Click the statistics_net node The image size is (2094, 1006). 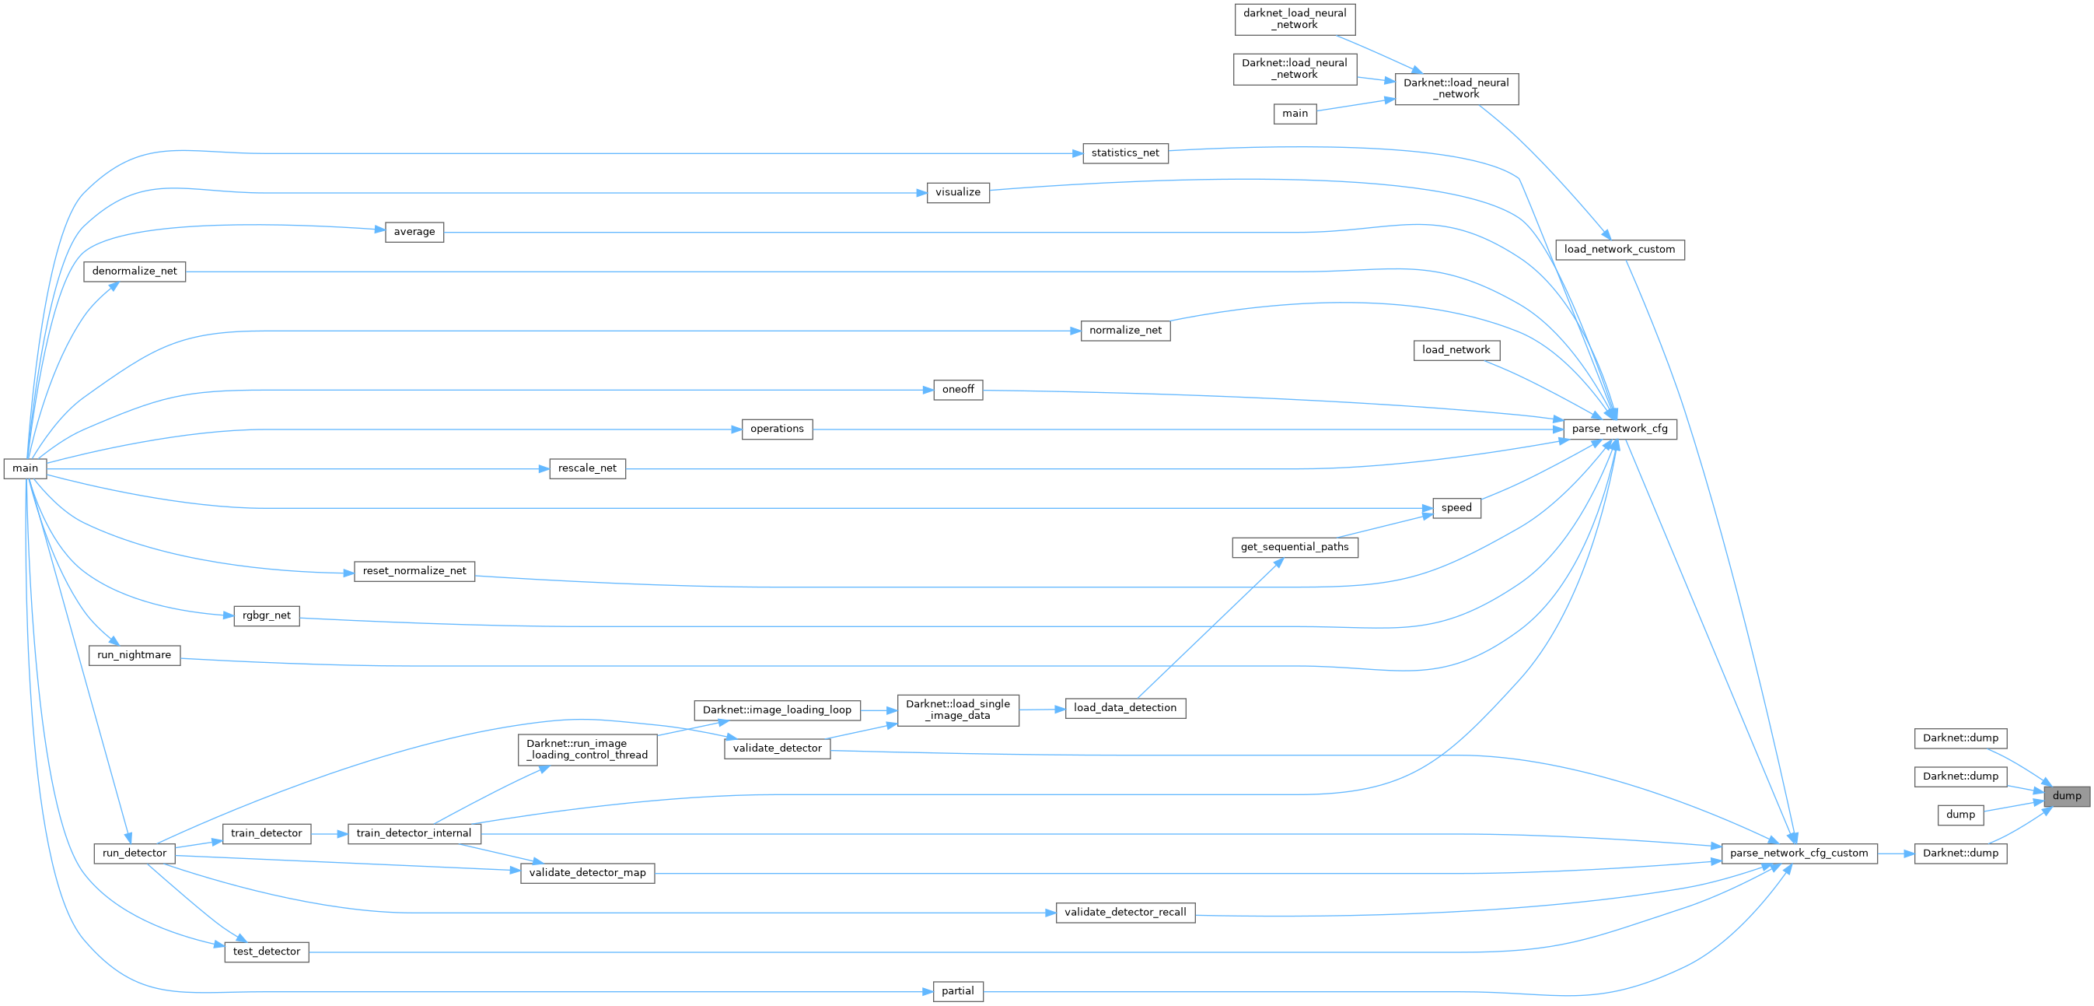click(x=1125, y=153)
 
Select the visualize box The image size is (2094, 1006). click(x=958, y=193)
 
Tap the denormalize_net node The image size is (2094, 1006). click(x=134, y=272)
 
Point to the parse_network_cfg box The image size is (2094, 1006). click(x=1619, y=429)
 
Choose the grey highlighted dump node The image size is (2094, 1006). click(x=2066, y=796)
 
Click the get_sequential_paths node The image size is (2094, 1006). click(x=1294, y=547)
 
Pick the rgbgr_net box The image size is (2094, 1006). click(x=266, y=615)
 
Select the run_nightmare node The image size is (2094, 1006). click(x=134, y=655)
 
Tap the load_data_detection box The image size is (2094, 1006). click(x=1124, y=708)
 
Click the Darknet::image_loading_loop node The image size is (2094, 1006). click(x=776, y=710)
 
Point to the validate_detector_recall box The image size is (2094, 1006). click(x=1125, y=913)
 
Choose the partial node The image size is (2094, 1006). click(x=958, y=991)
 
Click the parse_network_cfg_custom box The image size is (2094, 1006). click(x=1799, y=853)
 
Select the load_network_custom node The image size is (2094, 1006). click(x=1619, y=250)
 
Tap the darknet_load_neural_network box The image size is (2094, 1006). click(x=1294, y=19)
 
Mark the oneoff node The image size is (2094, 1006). click(x=958, y=390)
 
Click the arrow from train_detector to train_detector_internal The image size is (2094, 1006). click(x=329, y=833)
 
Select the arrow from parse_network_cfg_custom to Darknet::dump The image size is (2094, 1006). click(x=1896, y=853)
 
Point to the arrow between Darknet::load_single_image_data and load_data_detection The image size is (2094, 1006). click(x=1041, y=709)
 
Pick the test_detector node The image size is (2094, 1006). click(x=266, y=952)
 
